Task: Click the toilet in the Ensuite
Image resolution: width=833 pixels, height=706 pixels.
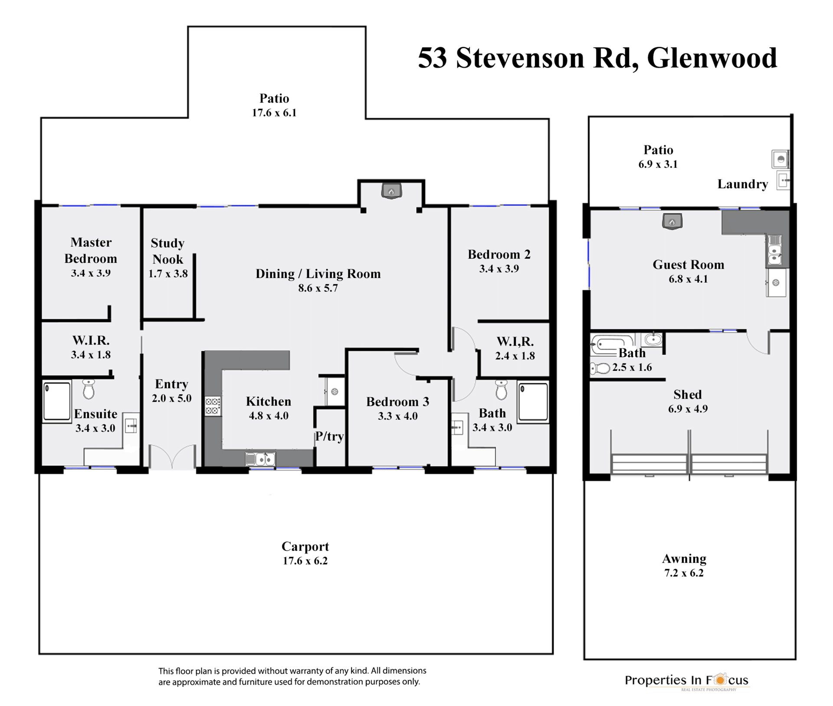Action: (89, 389)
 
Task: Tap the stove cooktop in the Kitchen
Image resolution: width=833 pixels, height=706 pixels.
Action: (213, 406)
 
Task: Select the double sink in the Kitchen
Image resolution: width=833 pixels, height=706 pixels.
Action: (260, 459)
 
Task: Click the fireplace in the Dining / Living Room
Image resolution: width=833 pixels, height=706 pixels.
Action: (391, 191)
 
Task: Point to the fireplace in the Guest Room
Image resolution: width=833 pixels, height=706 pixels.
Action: (672, 222)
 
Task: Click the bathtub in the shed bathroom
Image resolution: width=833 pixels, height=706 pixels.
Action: (612, 345)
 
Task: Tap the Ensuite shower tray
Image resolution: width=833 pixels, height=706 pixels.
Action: (57, 401)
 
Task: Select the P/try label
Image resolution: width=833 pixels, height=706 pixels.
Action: (329, 436)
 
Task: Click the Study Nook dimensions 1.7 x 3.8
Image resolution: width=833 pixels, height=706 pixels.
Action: (168, 274)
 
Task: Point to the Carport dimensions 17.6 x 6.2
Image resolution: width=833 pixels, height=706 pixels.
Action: (305, 561)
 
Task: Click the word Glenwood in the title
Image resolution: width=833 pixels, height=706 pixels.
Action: (712, 58)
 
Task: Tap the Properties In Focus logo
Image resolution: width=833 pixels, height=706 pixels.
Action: (687, 681)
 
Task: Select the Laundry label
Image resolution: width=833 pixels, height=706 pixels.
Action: (742, 184)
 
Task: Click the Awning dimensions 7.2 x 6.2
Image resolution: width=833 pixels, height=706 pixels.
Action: (684, 573)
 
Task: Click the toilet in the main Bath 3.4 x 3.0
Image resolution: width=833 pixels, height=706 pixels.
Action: (501, 390)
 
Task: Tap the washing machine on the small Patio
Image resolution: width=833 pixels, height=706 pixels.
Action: (780, 159)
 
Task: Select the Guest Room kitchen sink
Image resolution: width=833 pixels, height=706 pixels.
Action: (775, 250)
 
